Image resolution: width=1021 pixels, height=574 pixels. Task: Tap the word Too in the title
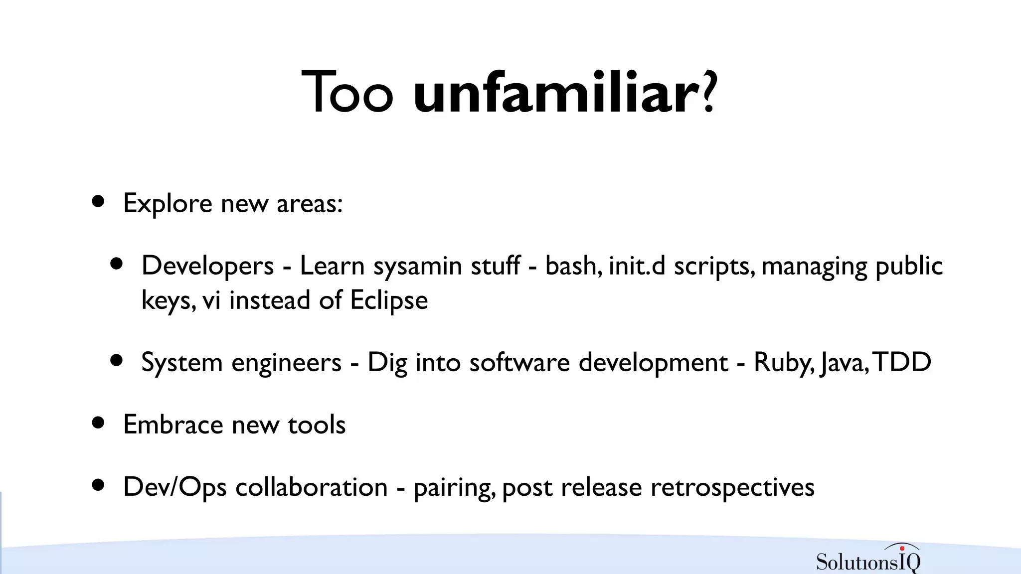coord(347,93)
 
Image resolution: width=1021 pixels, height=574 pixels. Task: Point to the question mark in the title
coord(709,91)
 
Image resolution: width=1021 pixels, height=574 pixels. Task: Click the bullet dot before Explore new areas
coord(98,201)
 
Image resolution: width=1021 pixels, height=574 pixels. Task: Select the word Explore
coord(168,204)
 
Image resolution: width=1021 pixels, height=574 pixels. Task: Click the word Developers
coord(207,266)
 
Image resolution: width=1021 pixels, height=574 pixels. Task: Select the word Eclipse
coord(389,300)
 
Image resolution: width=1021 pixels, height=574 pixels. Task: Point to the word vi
coord(211,300)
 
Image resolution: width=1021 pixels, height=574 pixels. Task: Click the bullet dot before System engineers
coord(117,360)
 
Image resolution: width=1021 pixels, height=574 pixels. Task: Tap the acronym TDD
coord(903,362)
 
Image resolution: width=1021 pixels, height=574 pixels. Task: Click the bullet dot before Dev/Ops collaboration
coord(98,485)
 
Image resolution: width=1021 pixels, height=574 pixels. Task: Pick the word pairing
coord(454,488)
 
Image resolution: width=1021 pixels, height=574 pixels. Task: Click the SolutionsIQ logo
coord(868,559)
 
